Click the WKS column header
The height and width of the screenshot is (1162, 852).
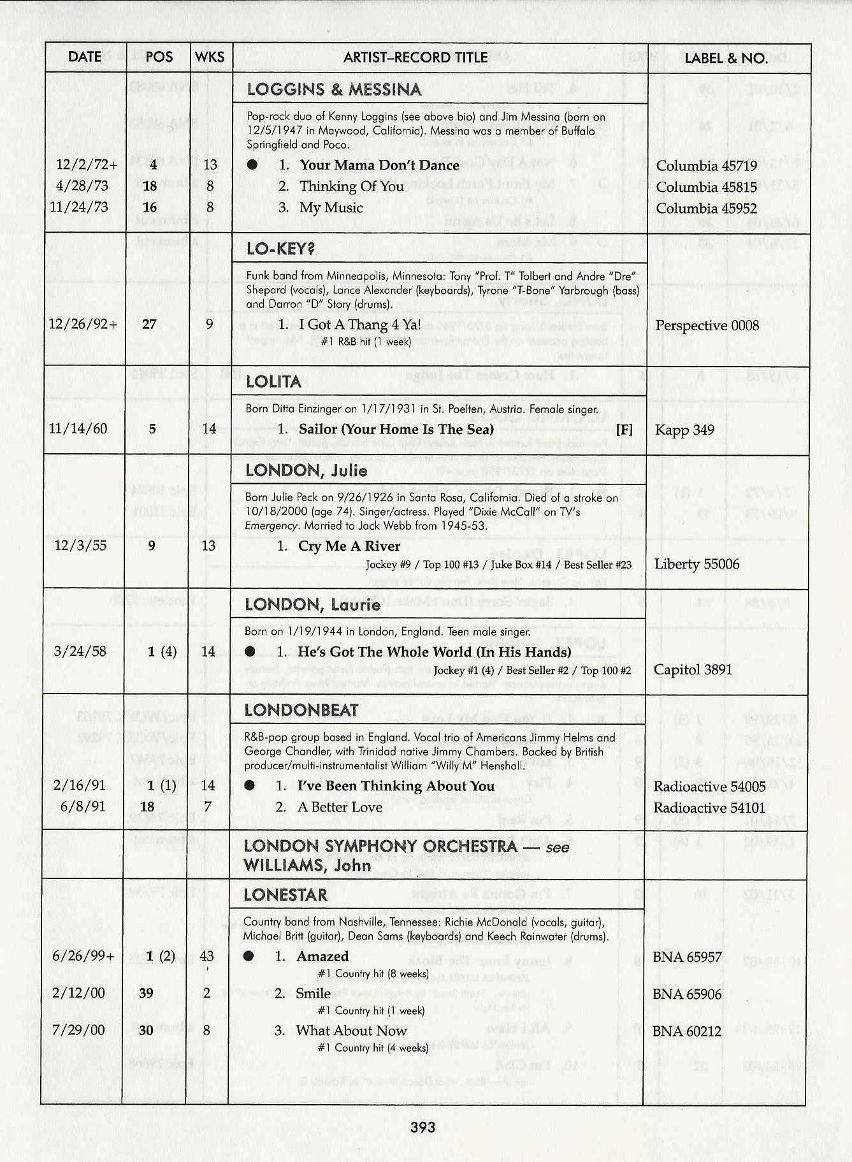[210, 57]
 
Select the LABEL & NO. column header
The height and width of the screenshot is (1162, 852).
[726, 58]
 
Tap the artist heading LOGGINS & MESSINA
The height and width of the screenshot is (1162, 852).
[334, 89]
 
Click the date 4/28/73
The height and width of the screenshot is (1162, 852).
[82, 186]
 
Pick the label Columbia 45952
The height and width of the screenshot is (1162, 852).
[706, 208]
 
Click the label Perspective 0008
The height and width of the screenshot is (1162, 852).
[707, 326]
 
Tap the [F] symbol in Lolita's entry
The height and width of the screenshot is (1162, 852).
[625, 430]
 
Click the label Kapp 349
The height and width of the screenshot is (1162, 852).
[684, 430]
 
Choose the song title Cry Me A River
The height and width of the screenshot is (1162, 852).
[349, 546]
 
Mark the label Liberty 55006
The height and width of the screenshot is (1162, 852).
[697, 564]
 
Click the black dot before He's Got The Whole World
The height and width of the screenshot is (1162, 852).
[250, 651]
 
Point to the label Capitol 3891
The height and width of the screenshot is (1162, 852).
[693, 669]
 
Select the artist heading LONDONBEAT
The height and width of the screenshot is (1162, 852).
[301, 711]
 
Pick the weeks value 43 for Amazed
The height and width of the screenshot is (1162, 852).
[207, 956]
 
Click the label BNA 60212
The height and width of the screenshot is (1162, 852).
[686, 1031]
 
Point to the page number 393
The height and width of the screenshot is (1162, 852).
[423, 1127]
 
